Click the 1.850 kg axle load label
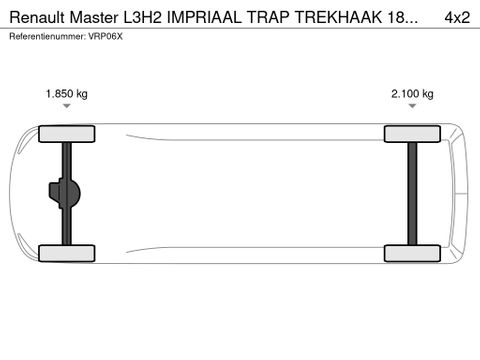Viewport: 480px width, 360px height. [67, 94]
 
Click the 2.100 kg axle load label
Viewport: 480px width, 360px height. [412, 94]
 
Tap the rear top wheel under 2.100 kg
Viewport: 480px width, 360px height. [412, 133]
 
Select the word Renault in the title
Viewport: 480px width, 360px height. [34, 17]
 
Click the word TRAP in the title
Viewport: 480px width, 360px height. [268, 17]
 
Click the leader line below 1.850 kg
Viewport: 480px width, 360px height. [67, 112]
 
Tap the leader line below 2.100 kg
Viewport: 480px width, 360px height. [412, 112]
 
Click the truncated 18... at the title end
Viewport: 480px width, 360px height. [397, 17]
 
